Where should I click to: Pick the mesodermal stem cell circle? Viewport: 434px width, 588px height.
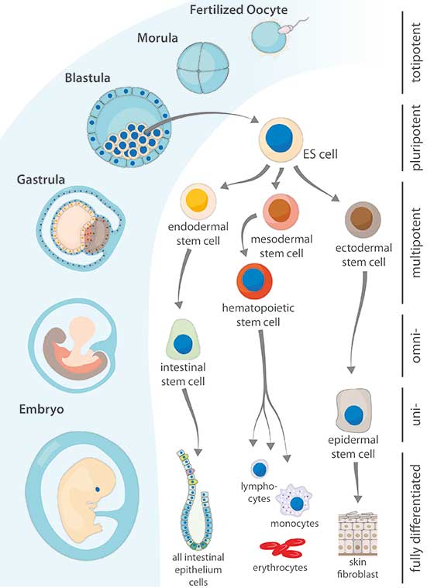pyautogui.click(x=280, y=209)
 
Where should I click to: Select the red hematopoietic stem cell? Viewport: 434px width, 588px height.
pyautogui.click(x=260, y=281)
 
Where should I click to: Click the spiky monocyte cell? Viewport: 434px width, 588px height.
pyautogui.click(x=295, y=504)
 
